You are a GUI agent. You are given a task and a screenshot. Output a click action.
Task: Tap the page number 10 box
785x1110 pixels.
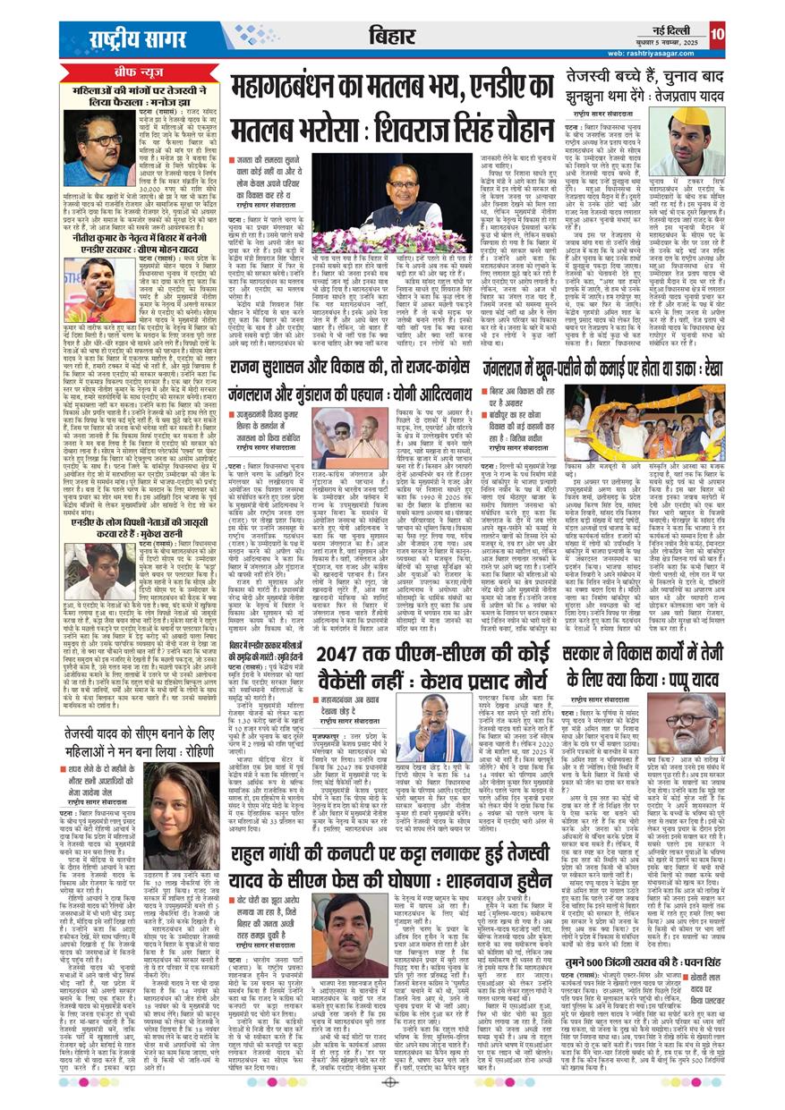click(x=717, y=35)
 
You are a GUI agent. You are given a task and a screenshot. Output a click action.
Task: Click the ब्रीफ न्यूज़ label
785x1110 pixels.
click(x=137, y=72)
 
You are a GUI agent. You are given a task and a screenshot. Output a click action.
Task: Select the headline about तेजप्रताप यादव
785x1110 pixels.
click(x=644, y=86)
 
